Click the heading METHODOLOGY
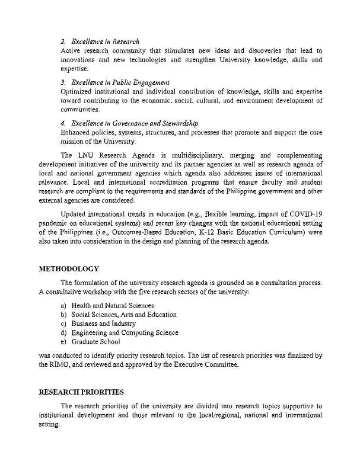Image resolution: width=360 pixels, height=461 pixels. click(69, 268)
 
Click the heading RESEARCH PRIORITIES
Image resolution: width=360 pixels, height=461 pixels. click(81, 392)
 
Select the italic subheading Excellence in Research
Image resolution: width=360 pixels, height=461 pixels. click(105, 41)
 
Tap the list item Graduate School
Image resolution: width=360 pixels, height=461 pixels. click(95, 342)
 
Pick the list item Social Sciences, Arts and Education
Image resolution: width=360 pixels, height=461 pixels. click(124, 315)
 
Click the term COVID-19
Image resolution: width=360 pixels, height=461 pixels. click(307, 230)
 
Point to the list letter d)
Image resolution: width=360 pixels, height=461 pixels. click(63, 333)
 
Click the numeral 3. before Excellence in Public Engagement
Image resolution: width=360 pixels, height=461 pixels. click(63, 81)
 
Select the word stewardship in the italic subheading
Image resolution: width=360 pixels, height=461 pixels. click(177, 123)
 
